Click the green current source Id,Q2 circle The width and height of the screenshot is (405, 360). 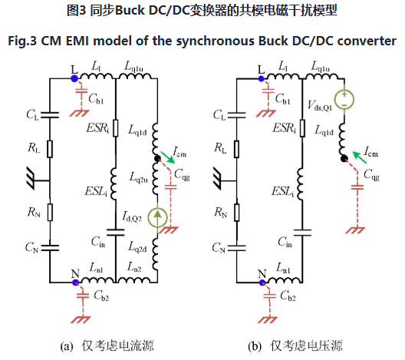(157, 217)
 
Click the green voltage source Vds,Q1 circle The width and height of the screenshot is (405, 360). (344, 99)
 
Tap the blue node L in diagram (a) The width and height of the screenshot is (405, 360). (74, 78)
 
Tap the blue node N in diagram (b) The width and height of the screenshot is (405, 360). (262, 282)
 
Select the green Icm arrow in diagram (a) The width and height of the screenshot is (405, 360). (168, 157)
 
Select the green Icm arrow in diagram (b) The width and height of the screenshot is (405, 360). (360, 157)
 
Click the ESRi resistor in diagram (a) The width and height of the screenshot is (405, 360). (116, 128)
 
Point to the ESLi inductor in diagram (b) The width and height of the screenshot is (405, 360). (301, 183)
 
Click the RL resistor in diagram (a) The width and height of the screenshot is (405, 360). (50, 149)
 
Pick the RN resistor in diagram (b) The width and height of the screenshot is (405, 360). (236, 212)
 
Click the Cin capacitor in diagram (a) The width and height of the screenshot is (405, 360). (116, 233)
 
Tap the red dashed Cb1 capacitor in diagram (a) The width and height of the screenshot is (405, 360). (82, 93)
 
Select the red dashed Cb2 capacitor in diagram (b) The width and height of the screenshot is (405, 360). (269, 296)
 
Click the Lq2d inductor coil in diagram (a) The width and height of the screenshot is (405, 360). (155, 254)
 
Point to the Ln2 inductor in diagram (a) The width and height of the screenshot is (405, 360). (133, 280)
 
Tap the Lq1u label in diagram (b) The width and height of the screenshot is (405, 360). (321, 67)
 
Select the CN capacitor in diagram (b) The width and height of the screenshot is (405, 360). (236, 248)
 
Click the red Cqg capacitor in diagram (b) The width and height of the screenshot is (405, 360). (357, 187)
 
